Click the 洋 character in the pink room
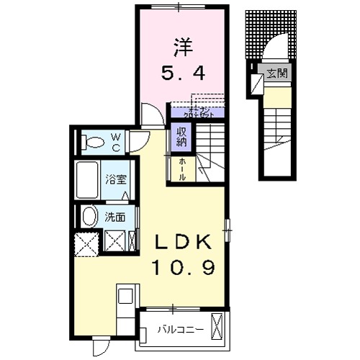pyautogui.click(x=180, y=45)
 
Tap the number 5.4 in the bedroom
pyautogui.click(x=180, y=72)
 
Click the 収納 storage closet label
pyautogui.click(x=179, y=136)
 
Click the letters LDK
pyautogui.click(x=180, y=241)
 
